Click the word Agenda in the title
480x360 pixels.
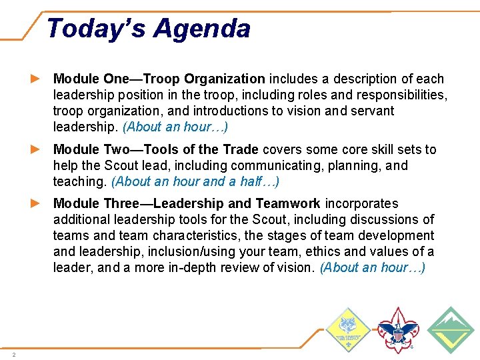click(202, 29)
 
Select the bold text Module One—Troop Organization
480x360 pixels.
click(159, 79)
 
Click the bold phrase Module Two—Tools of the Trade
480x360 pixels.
click(157, 149)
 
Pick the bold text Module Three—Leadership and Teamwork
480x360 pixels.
click(187, 203)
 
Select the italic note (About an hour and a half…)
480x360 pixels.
click(195, 181)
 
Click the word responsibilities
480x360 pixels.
click(398, 95)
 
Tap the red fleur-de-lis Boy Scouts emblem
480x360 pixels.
click(397, 329)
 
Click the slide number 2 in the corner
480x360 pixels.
click(13, 354)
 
